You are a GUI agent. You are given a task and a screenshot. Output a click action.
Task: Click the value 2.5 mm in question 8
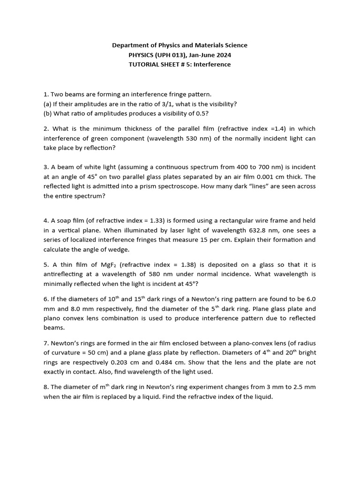pyautogui.click(x=305, y=387)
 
